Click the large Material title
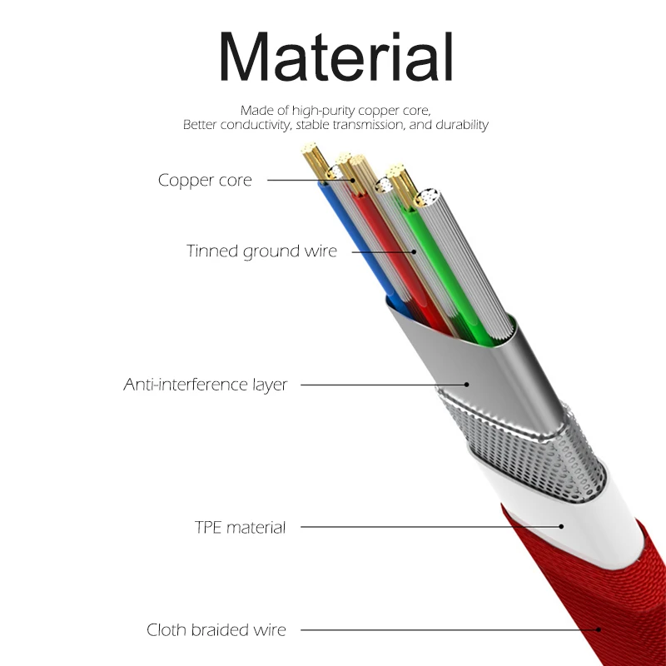coord(335,57)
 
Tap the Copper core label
coord(205,180)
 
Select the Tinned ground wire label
coord(261,251)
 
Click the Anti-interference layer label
coord(206,385)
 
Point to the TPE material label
coord(240,527)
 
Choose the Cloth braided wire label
coord(216,630)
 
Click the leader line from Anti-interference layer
coord(383,385)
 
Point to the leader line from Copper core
coord(308,180)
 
